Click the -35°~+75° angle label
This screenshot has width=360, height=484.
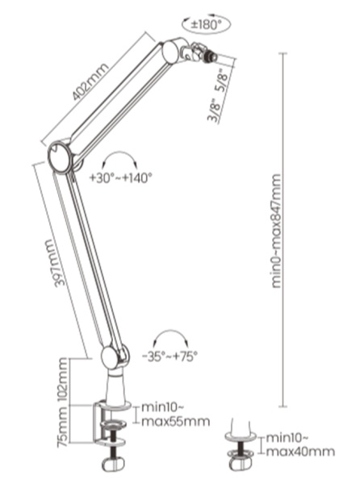click(169, 355)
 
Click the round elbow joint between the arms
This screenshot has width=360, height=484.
click(61, 155)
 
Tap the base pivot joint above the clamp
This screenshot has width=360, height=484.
click(113, 356)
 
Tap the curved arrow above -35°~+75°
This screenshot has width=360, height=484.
click(170, 336)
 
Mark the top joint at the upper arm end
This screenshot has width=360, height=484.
click(172, 54)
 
